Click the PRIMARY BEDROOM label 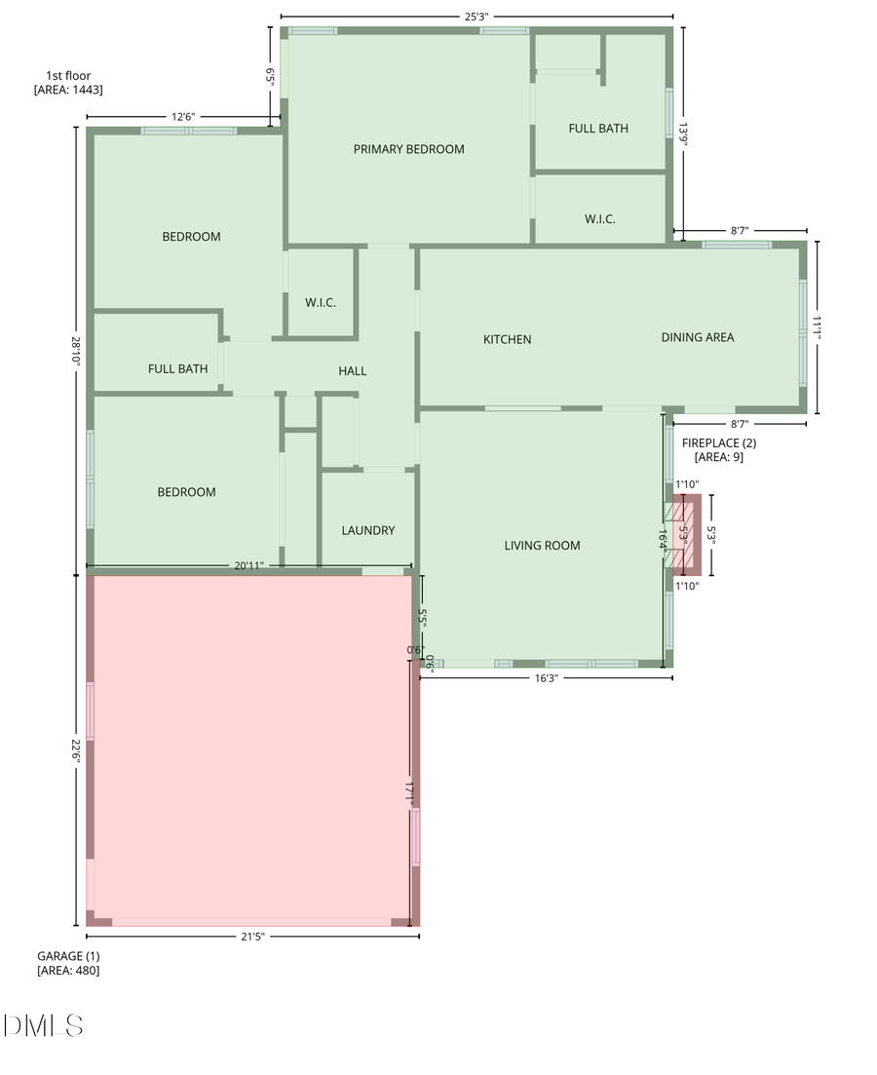pyautogui.click(x=408, y=149)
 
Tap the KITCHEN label pyautogui.click(x=508, y=339)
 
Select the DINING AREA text pyautogui.click(x=698, y=337)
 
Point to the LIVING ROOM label pyautogui.click(x=542, y=545)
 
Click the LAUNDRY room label pyautogui.click(x=368, y=530)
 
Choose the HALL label pyautogui.click(x=353, y=370)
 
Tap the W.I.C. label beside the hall pyautogui.click(x=321, y=303)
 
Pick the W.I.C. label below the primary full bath pyautogui.click(x=600, y=219)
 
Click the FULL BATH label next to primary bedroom pyautogui.click(x=598, y=128)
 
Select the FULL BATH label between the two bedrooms pyautogui.click(x=177, y=368)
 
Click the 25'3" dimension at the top pyautogui.click(x=477, y=16)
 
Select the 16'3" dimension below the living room pyautogui.click(x=547, y=678)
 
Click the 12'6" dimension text pyautogui.click(x=183, y=117)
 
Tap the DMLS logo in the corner pyautogui.click(x=43, y=1024)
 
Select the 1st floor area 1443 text pyautogui.click(x=68, y=82)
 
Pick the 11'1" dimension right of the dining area pyautogui.click(x=819, y=327)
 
